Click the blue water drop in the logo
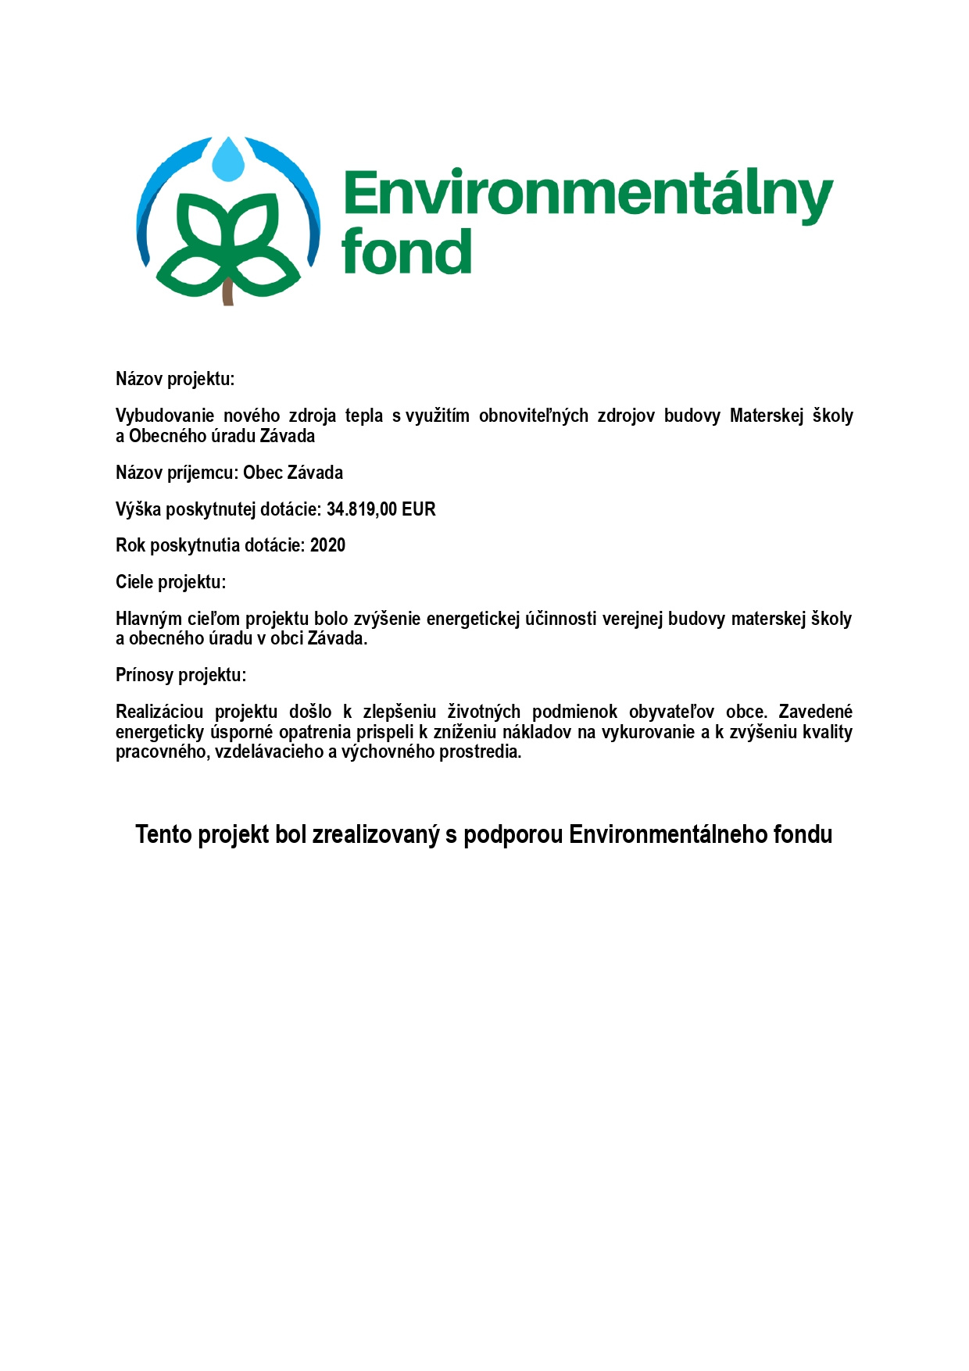[228, 160]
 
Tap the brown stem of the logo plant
[228, 291]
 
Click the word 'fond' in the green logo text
[406, 252]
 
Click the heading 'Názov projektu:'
[175, 380]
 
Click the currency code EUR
[419, 509]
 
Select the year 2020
[327, 545]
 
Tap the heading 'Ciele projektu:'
[170, 582]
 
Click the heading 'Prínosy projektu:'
[181, 675]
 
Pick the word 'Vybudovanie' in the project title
[164, 416]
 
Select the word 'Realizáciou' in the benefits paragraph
[159, 712]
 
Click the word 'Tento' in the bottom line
[163, 834]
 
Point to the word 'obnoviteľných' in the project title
[533, 416]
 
